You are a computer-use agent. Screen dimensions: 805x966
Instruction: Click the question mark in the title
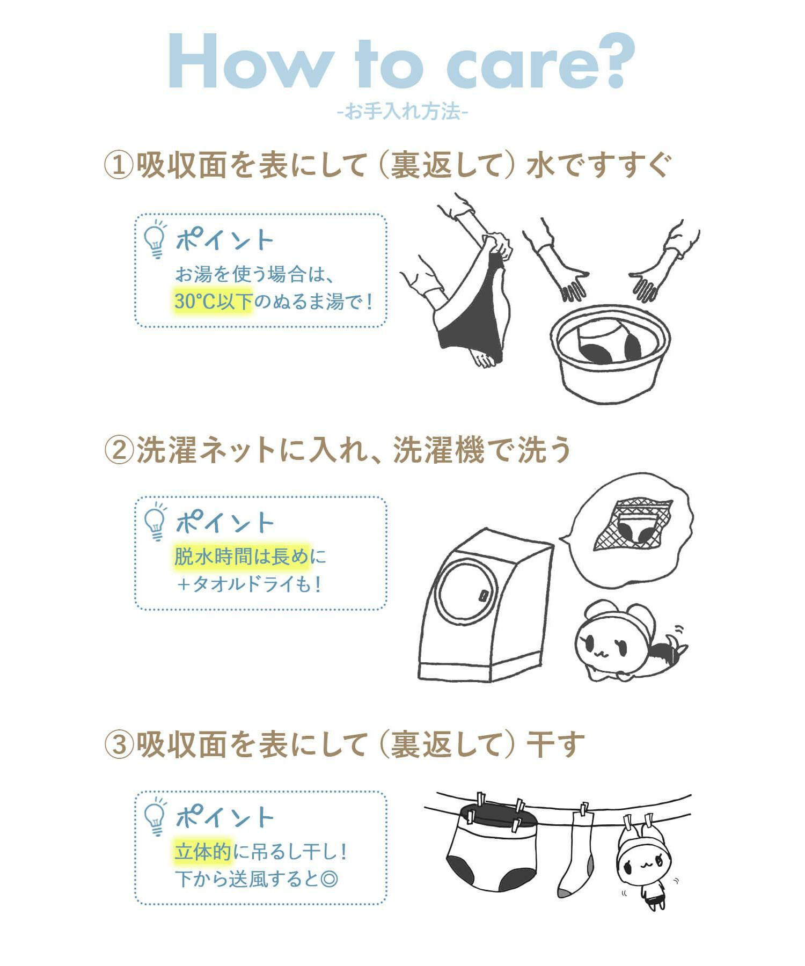[x=612, y=60]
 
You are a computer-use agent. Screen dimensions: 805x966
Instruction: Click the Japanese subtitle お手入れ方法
[x=402, y=112]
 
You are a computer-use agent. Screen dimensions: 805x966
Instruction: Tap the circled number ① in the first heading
[x=118, y=165]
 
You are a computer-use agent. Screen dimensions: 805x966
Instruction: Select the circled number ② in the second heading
[x=118, y=450]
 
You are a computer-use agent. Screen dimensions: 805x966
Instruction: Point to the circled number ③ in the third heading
[x=118, y=744]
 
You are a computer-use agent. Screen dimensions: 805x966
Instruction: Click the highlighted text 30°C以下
[x=213, y=301]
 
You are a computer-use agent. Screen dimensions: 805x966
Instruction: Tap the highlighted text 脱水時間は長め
[x=242, y=557]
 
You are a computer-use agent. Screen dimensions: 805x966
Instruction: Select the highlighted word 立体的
[x=203, y=852]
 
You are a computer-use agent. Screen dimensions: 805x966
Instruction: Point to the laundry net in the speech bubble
[x=633, y=524]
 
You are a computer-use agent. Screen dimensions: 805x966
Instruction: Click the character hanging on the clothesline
[x=643, y=863]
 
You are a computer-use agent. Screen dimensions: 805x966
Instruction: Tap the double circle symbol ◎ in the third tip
[x=328, y=879]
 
